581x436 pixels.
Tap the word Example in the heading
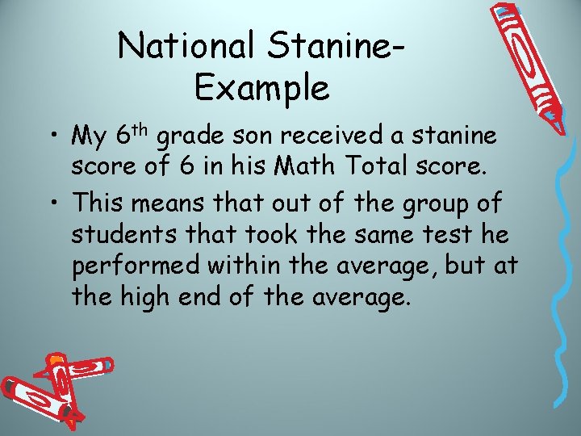(262, 87)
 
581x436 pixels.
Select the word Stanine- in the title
(340, 46)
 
